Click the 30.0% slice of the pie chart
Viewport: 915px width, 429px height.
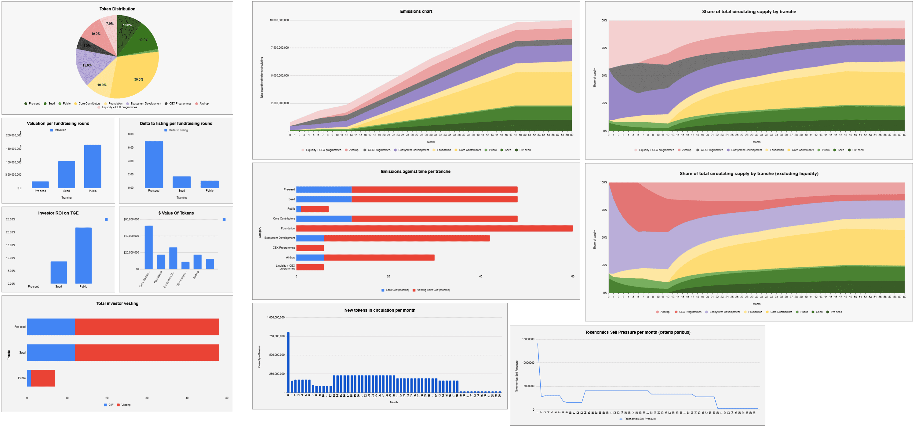137,76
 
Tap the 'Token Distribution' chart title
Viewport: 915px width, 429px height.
117,9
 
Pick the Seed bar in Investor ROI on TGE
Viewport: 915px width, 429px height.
59,272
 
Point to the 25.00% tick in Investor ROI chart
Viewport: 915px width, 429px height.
11,219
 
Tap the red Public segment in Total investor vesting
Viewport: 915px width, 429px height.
43,378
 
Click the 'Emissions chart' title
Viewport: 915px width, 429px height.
416,11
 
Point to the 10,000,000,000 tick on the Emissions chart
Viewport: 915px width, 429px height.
279,20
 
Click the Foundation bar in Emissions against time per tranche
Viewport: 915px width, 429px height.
434,229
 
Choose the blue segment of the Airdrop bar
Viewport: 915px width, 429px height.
310,258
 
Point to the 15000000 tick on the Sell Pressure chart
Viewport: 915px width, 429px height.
528,339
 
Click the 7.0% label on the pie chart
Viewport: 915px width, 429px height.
110,24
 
